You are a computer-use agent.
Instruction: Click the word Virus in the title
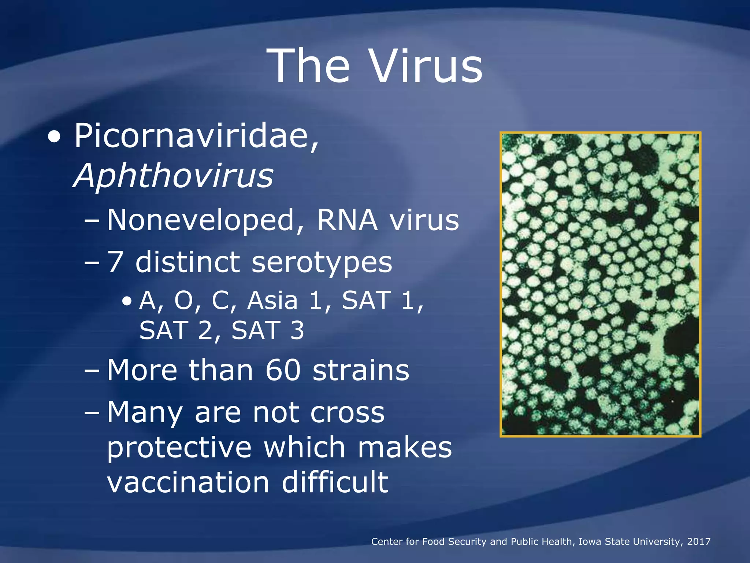(426, 66)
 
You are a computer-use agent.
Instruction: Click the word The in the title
(308, 66)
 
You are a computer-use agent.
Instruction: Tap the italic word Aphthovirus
(174, 176)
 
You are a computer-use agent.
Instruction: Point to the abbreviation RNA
(347, 220)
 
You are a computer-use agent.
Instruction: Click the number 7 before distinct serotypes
(115, 262)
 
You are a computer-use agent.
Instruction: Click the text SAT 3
(268, 330)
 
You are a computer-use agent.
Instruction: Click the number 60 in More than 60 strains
(283, 370)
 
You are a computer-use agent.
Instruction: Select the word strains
(361, 370)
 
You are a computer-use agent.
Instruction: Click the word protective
(179, 448)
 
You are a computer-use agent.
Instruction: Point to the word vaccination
(188, 482)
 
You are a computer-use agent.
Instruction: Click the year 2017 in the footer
(698, 542)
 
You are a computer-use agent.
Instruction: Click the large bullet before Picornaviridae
(55, 137)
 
